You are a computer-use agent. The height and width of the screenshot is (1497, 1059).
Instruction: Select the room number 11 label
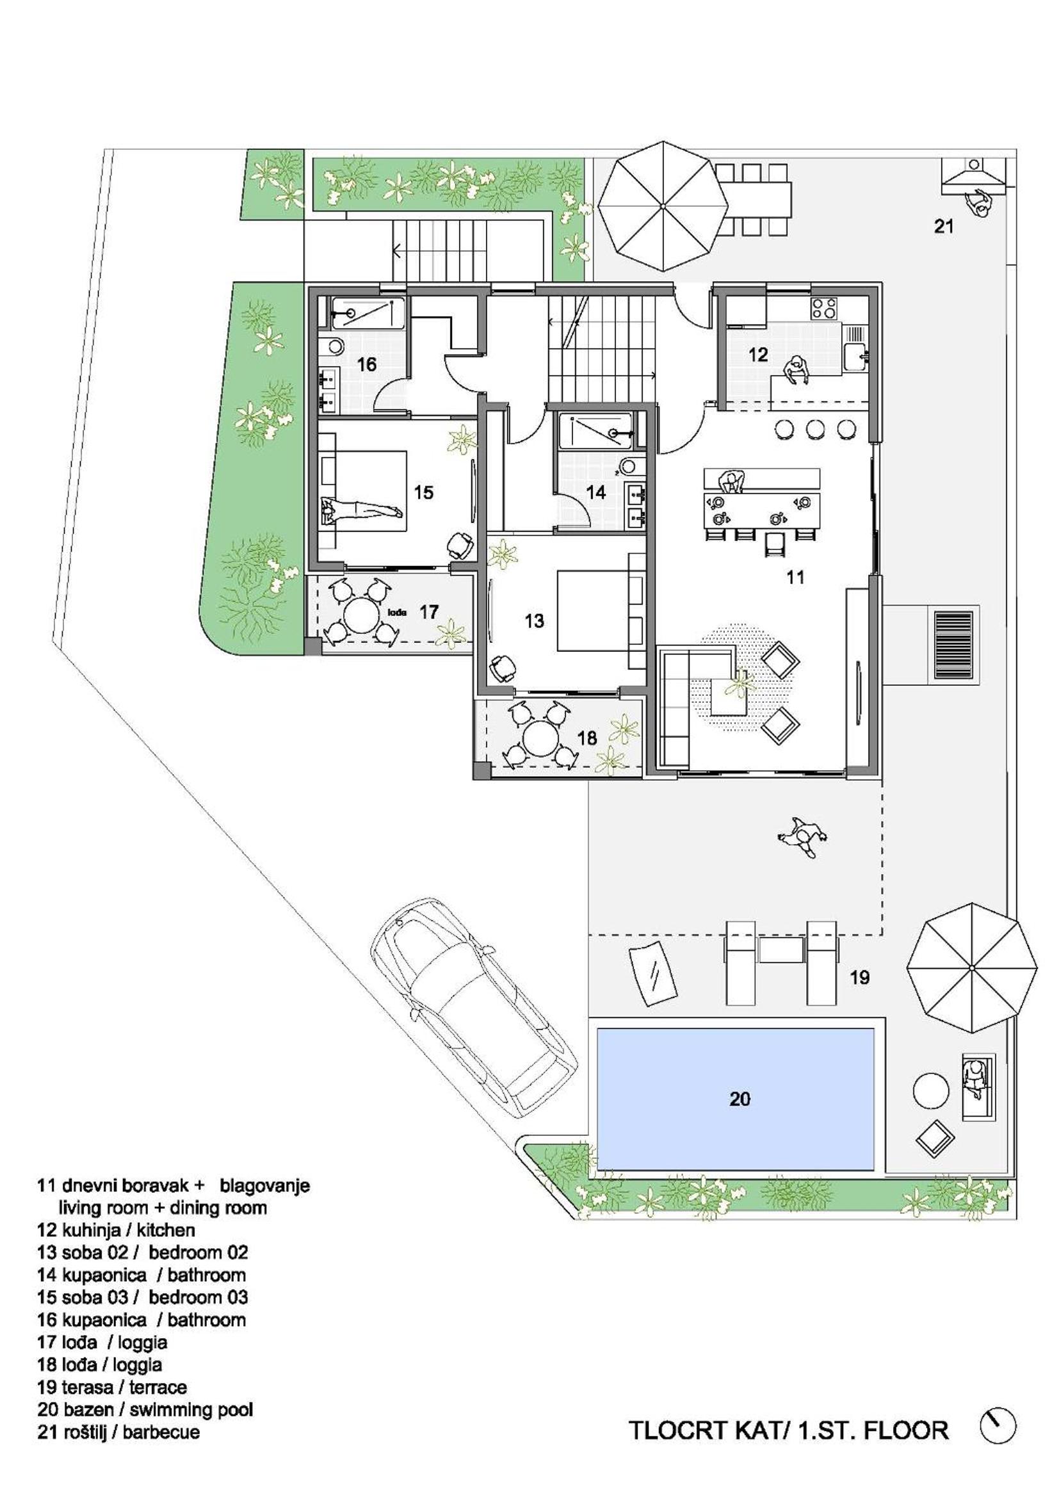coord(795,576)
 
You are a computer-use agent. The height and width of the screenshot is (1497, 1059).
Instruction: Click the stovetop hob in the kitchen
coord(825,309)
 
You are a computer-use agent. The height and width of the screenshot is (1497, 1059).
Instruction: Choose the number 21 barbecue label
coord(944,226)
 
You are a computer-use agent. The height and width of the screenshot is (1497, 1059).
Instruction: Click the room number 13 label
coord(534,620)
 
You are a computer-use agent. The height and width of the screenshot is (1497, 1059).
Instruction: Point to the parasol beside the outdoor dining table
coord(663,206)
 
